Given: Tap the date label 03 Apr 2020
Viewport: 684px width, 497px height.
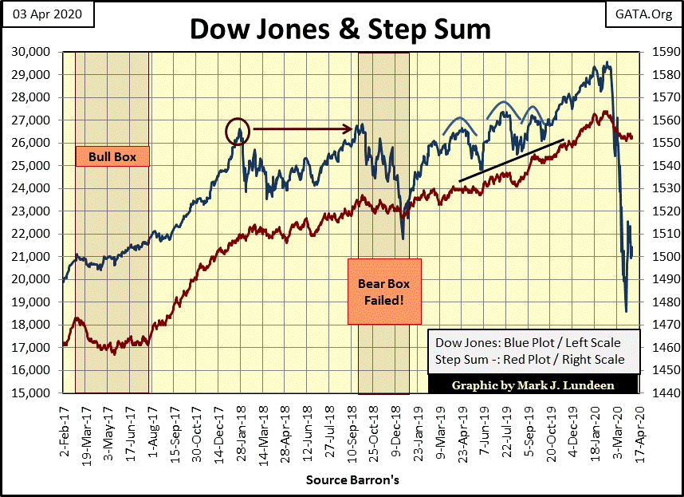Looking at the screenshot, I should (x=47, y=15).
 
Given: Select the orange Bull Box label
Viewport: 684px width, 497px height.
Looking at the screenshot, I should (x=112, y=157).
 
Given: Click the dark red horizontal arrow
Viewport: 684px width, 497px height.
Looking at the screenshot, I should (x=303, y=128).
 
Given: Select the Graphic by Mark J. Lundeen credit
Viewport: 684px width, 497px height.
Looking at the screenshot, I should (x=533, y=385).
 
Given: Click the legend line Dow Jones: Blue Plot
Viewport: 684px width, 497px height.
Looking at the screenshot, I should (x=527, y=343).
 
